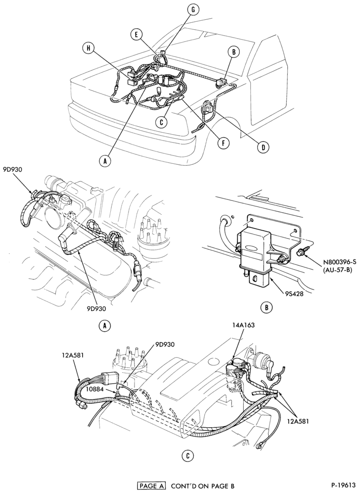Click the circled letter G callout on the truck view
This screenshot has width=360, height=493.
tap(193, 10)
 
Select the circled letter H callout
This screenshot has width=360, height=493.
tap(89, 48)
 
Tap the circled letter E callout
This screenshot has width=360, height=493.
tap(136, 35)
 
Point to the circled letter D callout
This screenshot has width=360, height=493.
tap(263, 147)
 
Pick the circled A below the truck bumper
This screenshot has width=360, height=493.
tap(105, 161)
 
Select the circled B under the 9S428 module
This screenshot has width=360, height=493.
tap(267, 307)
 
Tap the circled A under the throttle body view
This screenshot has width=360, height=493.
tap(105, 326)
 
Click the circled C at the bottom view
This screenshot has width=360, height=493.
tap(187, 456)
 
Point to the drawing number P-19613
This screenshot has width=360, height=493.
tap(343, 485)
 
